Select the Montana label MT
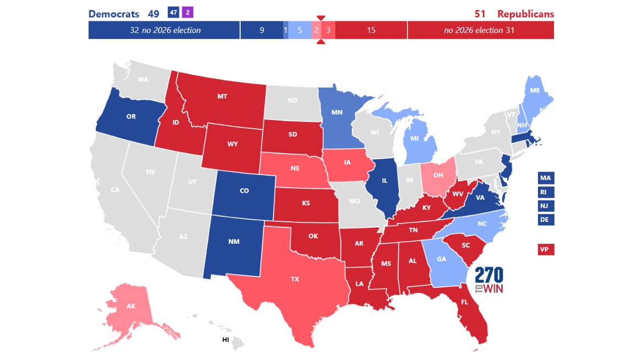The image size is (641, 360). point(222,96)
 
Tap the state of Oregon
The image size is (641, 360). point(131,117)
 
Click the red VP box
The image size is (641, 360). point(545,249)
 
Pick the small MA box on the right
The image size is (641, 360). point(545,178)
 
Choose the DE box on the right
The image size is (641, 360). point(545,219)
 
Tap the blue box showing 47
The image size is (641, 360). point(173,12)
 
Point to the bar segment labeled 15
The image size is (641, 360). point(371,30)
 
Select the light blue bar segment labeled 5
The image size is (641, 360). point(300,30)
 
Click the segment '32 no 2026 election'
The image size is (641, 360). point(164,30)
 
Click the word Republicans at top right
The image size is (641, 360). point(525,14)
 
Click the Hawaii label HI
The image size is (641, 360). point(225,340)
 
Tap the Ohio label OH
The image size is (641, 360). point(438,176)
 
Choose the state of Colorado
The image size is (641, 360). point(244,191)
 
